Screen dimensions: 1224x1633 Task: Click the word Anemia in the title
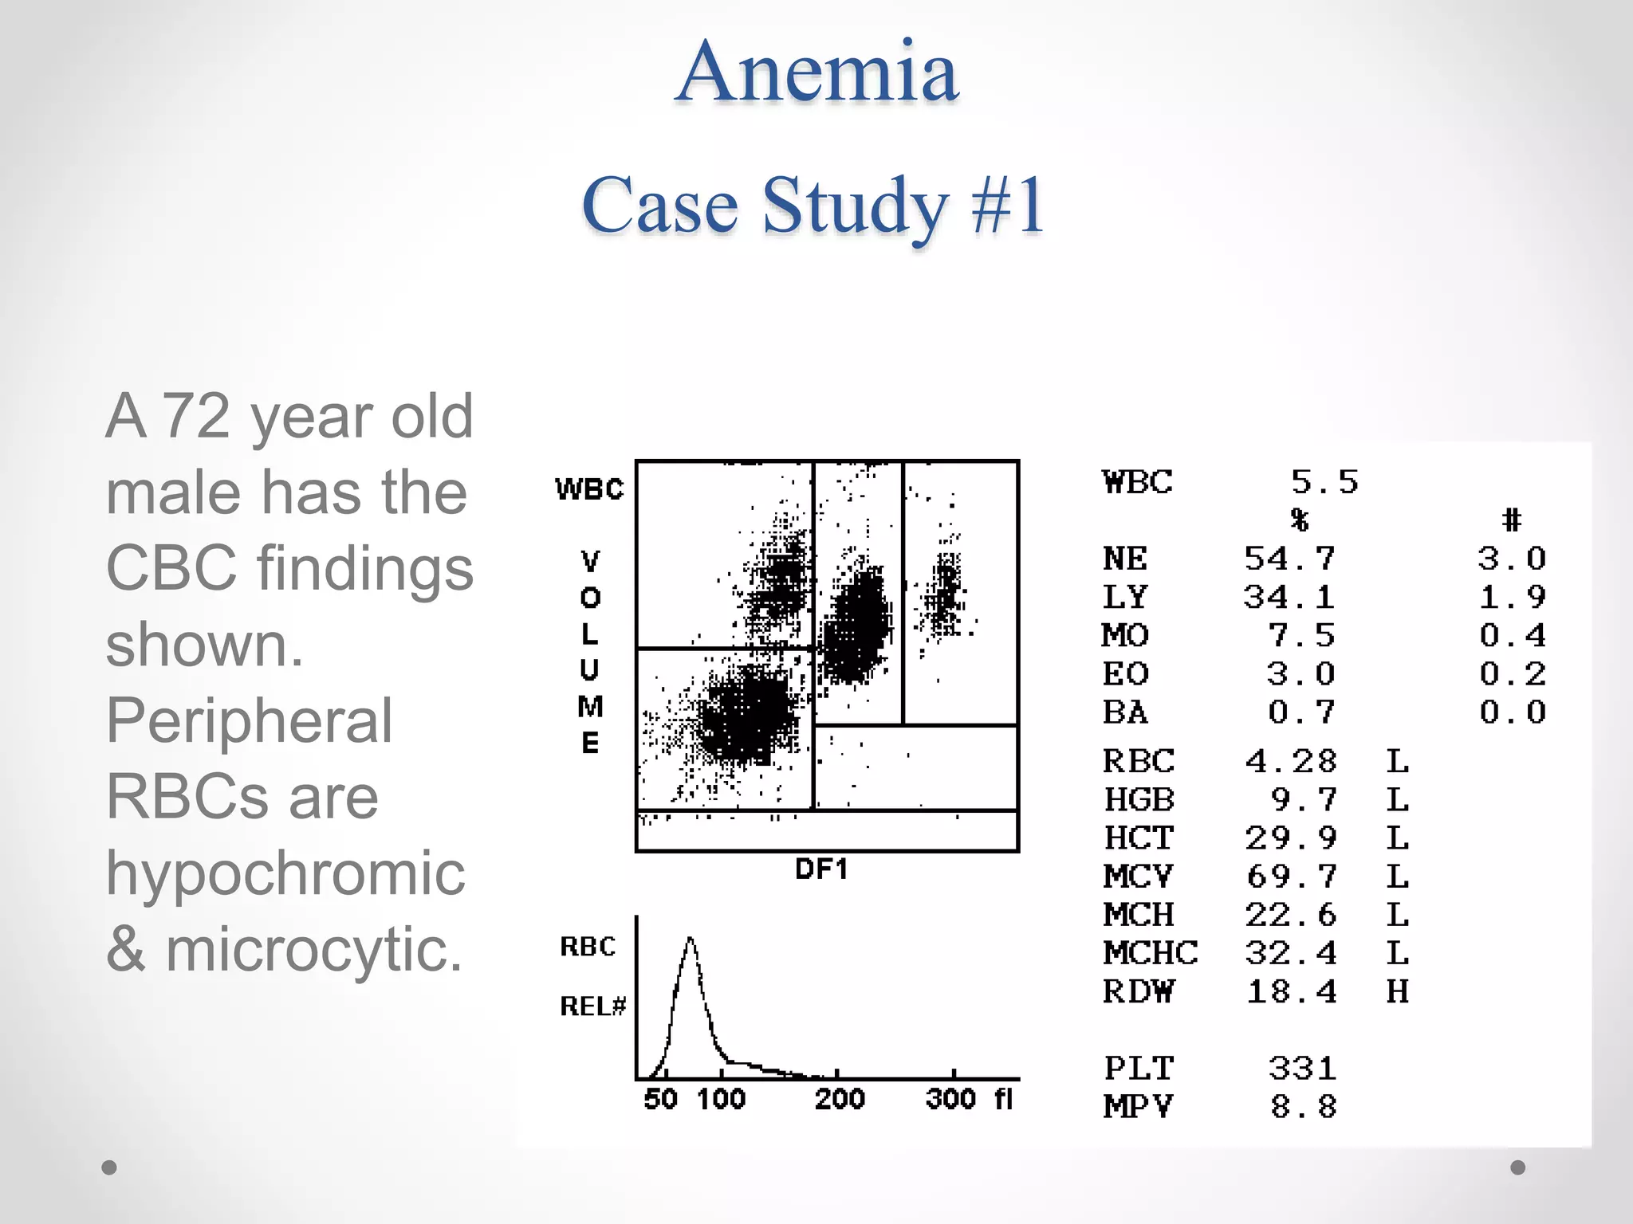816,73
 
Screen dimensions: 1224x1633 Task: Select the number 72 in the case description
196,416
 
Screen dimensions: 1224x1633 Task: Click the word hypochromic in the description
285,873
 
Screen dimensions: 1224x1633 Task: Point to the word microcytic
313,950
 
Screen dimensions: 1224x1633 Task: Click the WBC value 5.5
1324,482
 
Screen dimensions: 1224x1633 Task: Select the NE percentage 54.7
1289,559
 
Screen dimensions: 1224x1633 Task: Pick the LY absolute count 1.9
1512,597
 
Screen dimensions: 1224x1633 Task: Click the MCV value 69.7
1291,877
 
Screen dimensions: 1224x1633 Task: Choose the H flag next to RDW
1397,992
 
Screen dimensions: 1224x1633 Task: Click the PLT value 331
1301,1069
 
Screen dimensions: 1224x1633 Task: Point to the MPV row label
1138,1107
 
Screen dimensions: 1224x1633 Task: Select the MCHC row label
1150,953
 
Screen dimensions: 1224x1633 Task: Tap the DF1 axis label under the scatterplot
821,869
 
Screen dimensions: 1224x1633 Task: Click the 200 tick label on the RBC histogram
840,1100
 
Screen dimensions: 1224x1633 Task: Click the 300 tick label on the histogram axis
950,1100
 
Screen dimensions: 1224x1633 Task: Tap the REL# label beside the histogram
592,1006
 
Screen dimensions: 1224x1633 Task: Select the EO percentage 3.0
1300,674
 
